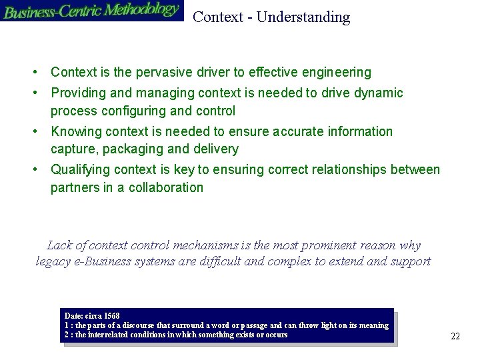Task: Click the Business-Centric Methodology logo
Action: coord(91,11)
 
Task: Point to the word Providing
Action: coord(77,93)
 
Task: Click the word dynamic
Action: coord(381,93)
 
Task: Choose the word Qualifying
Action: coord(79,170)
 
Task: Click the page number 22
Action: coord(455,336)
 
